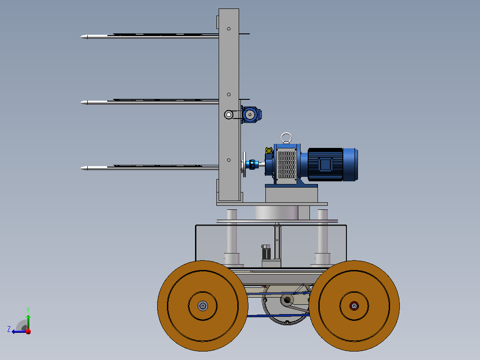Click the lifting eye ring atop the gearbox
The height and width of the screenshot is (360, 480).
click(286, 134)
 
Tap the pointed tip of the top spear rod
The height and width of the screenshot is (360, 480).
click(81, 37)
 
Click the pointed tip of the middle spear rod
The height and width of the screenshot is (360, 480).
click(81, 102)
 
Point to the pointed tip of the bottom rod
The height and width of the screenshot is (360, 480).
click(81, 168)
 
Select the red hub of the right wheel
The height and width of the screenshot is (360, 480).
click(354, 306)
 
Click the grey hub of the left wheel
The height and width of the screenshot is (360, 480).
click(203, 306)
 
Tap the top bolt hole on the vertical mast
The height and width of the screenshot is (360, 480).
click(229, 29)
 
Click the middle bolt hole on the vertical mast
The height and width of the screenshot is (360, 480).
click(229, 94)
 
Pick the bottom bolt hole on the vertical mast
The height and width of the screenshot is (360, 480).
click(229, 160)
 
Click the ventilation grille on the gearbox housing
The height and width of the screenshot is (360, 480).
click(287, 164)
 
